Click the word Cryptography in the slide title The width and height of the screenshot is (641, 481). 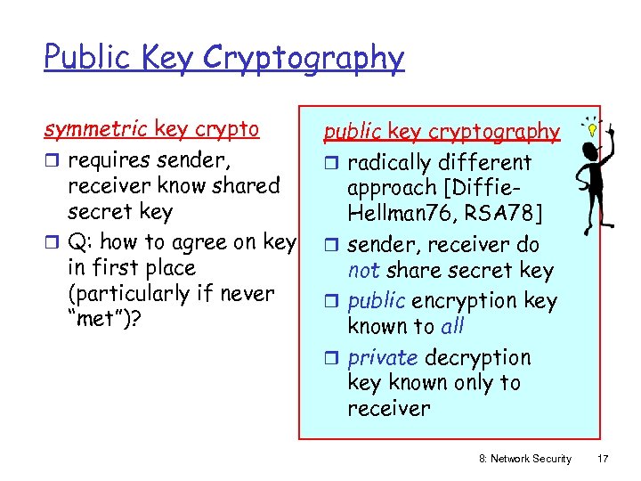(x=303, y=59)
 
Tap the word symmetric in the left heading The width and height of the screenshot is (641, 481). (x=96, y=129)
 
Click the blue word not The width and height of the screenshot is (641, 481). (x=363, y=271)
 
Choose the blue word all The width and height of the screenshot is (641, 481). (x=452, y=326)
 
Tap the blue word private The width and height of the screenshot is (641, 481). (x=383, y=357)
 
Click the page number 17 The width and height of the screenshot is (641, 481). (x=602, y=458)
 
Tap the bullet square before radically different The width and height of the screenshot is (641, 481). (x=334, y=164)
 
